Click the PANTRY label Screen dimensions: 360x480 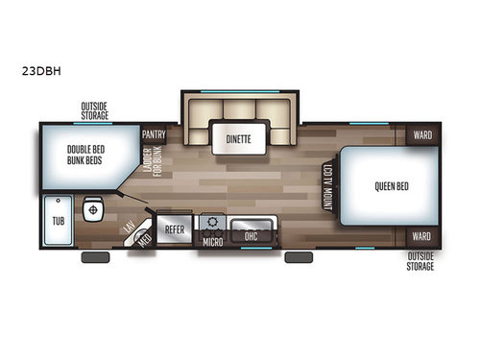click(154, 134)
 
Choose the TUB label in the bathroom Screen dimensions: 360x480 click(57, 220)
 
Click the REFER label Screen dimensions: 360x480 click(175, 230)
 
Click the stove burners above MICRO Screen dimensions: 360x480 click(210, 224)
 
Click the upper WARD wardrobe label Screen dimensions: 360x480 click(421, 135)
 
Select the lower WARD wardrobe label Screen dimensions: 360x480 click(421, 235)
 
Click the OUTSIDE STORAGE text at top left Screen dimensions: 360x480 click(94, 111)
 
